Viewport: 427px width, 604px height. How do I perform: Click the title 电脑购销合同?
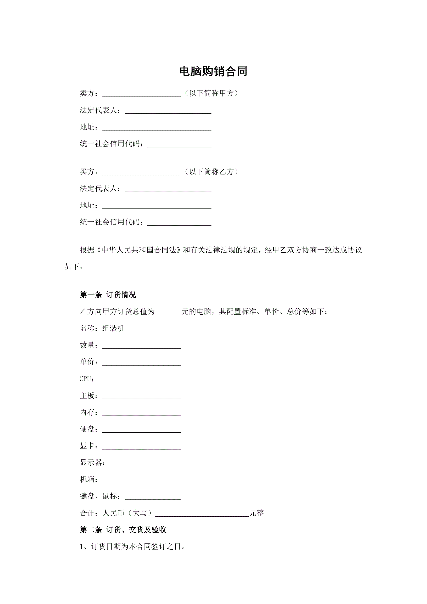[213, 72]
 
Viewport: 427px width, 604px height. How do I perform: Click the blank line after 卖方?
[141, 94]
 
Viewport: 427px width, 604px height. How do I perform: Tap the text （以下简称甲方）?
[211, 93]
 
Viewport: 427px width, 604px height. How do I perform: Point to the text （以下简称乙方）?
[211, 172]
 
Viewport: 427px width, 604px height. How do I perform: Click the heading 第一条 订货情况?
[108, 295]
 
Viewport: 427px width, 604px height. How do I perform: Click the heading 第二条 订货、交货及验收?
[123, 530]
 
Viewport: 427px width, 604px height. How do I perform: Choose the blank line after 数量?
[141, 346]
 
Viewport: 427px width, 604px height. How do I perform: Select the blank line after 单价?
[141, 362]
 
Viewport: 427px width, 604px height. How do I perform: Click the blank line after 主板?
[141, 396]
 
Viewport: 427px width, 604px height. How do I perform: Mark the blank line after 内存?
[141, 413]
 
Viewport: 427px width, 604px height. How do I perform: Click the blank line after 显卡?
[141, 446]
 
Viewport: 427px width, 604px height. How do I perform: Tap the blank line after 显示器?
[145, 463]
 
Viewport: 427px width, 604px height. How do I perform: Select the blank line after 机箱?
[141, 480]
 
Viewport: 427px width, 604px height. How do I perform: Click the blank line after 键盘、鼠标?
[153, 497]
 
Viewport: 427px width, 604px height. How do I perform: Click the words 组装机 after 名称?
[113, 328]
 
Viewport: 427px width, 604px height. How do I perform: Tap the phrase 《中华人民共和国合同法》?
[139, 250]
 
